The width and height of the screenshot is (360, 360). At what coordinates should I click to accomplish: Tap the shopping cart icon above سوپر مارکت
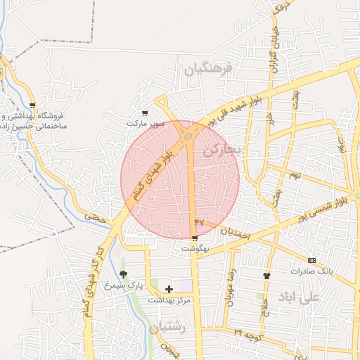[x=145, y=112]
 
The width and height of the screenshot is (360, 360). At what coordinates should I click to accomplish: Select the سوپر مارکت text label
[x=146, y=123]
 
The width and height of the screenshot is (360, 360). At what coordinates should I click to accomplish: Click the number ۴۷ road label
[x=198, y=222]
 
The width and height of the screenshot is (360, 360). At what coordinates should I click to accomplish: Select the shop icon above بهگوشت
[x=194, y=238]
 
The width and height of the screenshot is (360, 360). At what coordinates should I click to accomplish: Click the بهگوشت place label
[x=195, y=248]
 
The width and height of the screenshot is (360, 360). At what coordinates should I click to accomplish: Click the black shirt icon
[x=266, y=276]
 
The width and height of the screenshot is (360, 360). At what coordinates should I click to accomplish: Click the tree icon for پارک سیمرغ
[x=124, y=275]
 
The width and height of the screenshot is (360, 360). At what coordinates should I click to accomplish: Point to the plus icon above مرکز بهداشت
[x=169, y=288]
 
